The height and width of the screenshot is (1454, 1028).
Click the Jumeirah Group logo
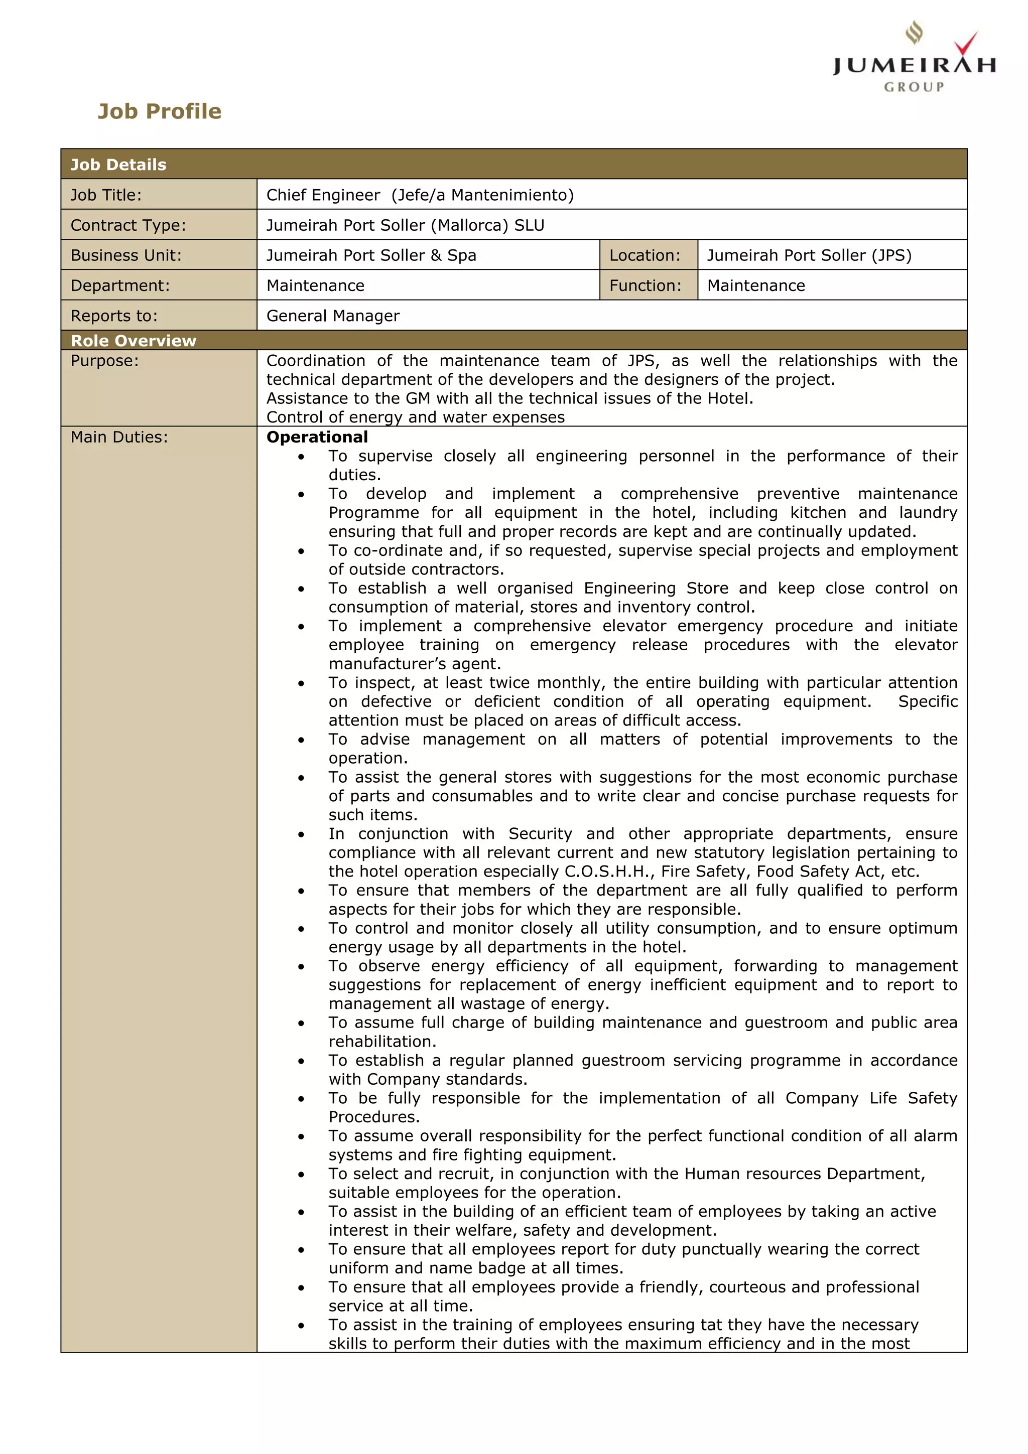tap(914, 58)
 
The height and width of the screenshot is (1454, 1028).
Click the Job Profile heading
tap(160, 111)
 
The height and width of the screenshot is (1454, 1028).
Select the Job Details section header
tap(118, 165)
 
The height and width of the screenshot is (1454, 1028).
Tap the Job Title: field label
tap(106, 195)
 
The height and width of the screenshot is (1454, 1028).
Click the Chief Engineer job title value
tap(419, 195)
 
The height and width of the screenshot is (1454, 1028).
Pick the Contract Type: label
tap(128, 225)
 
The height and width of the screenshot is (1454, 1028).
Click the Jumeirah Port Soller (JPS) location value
tap(809, 255)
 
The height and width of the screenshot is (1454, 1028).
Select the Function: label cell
tap(645, 285)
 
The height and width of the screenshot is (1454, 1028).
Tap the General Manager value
tap(332, 316)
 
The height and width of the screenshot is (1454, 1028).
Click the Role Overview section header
tap(133, 341)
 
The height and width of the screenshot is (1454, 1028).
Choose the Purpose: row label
tap(104, 361)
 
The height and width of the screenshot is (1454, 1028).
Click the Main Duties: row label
tap(119, 437)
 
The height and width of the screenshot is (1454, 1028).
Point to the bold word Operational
tap(317, 437)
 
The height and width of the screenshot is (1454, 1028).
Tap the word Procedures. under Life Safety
tap(373, 1117)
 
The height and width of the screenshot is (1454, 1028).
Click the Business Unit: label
tap(126, 255)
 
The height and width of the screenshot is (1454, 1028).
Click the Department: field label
tap(120, 285)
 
